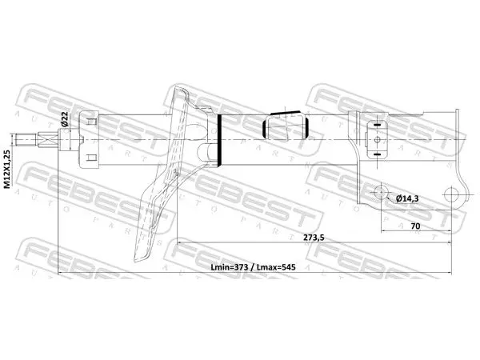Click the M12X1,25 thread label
pos(7,169)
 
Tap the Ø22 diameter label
pos(65,119)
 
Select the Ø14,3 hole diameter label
pos(407,199)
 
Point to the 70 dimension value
pos(415,226)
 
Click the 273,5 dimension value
pos(314,238)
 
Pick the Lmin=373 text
pos(230,267)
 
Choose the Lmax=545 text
pos(276,267)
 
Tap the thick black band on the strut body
pos(219,140)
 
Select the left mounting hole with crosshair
pos(381,192)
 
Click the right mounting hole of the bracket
pos(452,194)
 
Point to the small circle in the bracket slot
pos(377,139)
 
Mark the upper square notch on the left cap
pos(91,122)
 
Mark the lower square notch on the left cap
pos(91,158)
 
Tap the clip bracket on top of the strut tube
pos(286,125)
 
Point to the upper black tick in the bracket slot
pos(377,125)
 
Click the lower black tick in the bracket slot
pos(377,154)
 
